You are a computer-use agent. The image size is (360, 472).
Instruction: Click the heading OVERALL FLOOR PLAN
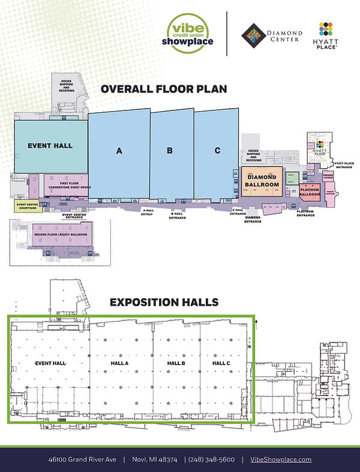(164, 89)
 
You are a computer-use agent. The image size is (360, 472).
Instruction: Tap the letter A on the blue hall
(119, 153)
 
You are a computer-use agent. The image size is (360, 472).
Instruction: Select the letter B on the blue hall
(170, 151)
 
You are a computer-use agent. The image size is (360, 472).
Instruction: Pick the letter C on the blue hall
(217, 151)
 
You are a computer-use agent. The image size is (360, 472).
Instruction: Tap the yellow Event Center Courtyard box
(28, 207)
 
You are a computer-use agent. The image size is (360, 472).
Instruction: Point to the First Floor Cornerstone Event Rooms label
(66, 186)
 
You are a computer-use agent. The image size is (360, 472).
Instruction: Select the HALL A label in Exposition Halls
(119, 364)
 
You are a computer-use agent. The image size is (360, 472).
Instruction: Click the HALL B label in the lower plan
(175, 364)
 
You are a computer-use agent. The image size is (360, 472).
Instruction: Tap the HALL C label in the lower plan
(221, 364)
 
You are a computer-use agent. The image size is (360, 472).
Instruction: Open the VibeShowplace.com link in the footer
(280, 459)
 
